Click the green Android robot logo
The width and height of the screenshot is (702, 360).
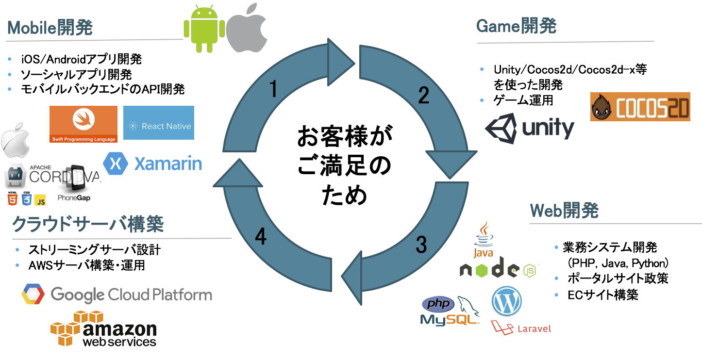click(204, 29)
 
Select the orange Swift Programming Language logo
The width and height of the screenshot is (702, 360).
click(84, 124)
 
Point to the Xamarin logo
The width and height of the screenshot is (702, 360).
click(152, 164)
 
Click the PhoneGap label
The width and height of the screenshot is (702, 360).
click(74, 198)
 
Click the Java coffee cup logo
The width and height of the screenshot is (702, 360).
click(483, 239)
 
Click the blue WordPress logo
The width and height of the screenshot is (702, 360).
click(506, 301)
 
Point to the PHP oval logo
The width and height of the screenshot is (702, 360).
click(438, 304)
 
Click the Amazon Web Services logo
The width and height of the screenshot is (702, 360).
click(104, 330)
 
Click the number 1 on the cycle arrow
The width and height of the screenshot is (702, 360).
click(274, 89)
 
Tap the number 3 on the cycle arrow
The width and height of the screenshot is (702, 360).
click(421, 245)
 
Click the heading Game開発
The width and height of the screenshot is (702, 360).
click(516, 26)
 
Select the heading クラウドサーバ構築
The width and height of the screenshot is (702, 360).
click(87, 224)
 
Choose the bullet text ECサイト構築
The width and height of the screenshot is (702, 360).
click(602, 295)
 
